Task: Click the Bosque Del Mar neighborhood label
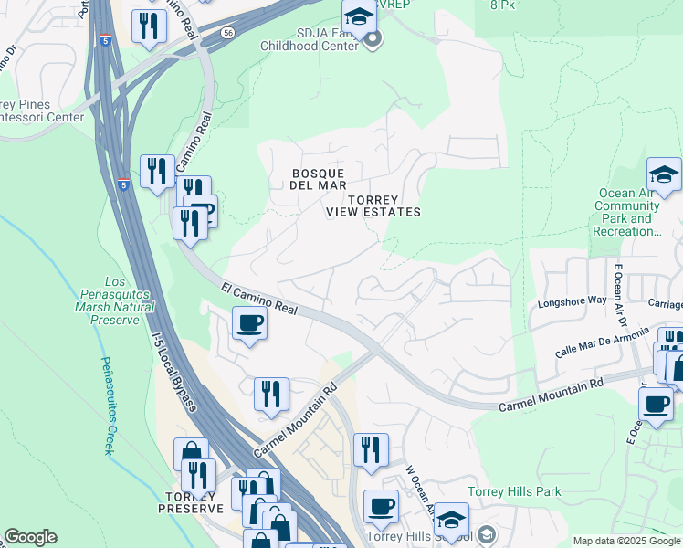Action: [x=317, y=179]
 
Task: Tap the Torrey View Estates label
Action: [x=373, y=205]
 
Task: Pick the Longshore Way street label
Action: [x=573, y=300]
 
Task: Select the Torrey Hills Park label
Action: [x=514, y=491]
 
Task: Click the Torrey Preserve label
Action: [x=191, y=502]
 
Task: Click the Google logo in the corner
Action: [x=30, y=537]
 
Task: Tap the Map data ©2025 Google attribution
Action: [x=627, y=541]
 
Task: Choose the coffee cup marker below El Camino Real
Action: [x=249, y=323]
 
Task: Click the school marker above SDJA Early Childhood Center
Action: [x=360, y=16]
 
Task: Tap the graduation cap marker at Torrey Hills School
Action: [x=450, y=520]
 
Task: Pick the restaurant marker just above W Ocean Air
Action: [x=371, y=449]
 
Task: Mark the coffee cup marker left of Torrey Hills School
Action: [x=381, y=506]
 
